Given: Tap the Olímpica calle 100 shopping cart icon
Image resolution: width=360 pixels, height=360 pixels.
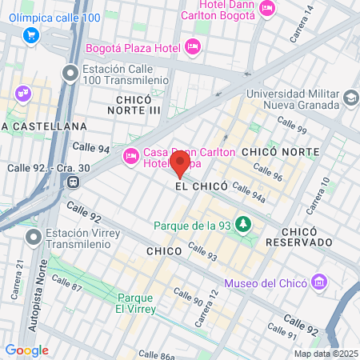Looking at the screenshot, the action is click(31, 34).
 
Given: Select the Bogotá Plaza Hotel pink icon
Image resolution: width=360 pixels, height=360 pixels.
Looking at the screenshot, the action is click(192, 48).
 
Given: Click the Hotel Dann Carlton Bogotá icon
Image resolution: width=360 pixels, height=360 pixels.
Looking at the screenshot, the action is click(267, 7).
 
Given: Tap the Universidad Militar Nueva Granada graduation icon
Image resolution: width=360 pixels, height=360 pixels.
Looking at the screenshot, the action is click(350, 98).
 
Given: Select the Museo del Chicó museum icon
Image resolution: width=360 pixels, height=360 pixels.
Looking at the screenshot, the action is click(320, 282).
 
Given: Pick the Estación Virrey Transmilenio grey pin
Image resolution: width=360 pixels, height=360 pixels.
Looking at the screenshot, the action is click(33, 237).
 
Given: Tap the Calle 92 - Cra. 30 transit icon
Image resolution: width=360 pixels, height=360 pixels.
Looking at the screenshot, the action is click(74, 182).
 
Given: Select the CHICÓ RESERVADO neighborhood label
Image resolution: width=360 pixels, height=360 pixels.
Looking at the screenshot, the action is click(298, 234).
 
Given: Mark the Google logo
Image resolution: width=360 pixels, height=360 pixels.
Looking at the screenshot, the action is click(26, 350).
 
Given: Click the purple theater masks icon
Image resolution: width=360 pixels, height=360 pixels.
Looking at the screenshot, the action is click(22, 94).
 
